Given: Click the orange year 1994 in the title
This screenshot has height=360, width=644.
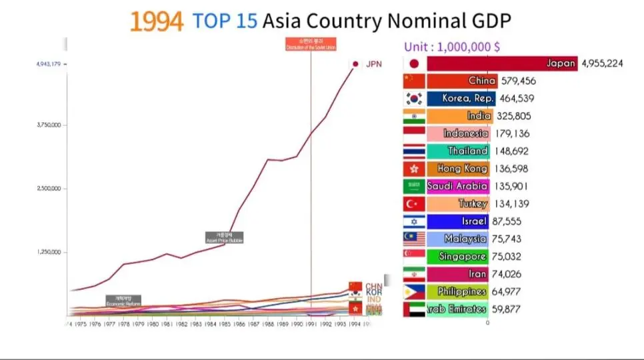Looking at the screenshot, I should coord(156,22).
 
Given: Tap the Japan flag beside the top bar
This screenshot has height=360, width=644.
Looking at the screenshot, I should coord(414,64).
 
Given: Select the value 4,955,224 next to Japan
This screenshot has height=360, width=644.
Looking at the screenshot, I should coord(611,64).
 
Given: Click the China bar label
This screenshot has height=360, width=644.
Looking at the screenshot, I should coord(482,81).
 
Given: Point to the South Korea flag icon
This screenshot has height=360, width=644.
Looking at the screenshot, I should coord(414,99).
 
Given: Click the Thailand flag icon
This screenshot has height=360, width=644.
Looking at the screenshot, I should coord(414,151).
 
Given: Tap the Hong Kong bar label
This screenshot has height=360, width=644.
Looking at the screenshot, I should coord(463,169).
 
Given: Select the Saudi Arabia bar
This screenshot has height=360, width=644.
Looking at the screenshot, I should coord(457,186).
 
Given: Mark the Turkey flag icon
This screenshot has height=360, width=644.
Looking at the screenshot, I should coord(414,203).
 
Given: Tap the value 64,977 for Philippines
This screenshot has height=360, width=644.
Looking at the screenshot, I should coord(509,291).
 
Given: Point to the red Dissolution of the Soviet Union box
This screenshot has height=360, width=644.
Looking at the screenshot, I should coord(311,45).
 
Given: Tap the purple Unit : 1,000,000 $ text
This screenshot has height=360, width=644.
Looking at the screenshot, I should coord(452,47).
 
